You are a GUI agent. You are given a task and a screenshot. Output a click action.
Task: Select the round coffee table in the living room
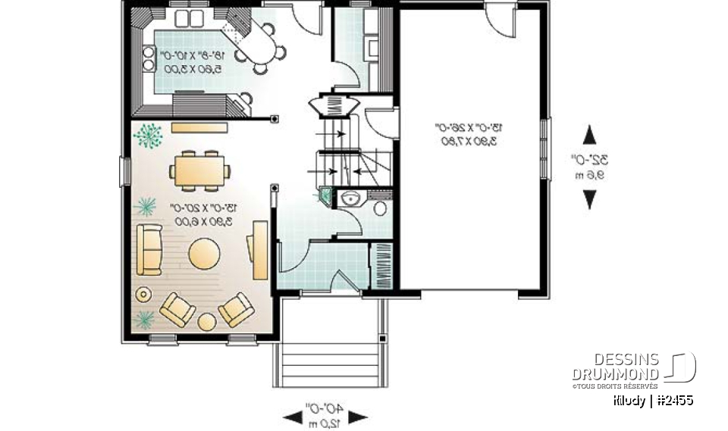click(204, 253)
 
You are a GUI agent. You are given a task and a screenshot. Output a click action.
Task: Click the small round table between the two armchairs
click(207, 321)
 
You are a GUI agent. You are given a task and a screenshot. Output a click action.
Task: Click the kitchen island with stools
click(258, 44)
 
